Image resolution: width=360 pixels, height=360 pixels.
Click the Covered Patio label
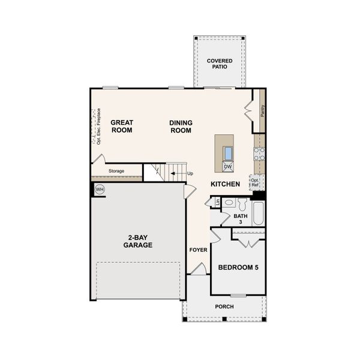click(220, 64)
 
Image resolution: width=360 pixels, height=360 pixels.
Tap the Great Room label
click(122, 126)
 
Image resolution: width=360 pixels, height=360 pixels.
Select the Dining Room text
click(181, 126)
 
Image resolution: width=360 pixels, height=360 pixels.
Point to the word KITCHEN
click(225, 184)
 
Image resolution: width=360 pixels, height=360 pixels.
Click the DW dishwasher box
click(228, 166)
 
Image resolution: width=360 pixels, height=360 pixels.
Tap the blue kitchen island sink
click(228, 152)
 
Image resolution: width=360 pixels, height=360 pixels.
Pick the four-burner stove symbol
click(259, 154)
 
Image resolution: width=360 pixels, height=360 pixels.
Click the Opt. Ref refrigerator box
click(256, 182)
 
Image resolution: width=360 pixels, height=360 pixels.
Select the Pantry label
click(263, 110)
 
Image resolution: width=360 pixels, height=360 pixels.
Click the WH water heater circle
click(99, 190)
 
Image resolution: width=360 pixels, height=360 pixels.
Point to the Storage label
click(116, 172)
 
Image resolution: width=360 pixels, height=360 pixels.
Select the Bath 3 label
click(241, 218)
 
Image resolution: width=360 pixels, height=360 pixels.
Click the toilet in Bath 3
click(242, 204)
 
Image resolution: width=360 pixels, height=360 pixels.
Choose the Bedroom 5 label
click(238, 267)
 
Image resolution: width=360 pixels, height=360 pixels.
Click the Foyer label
click(198, 250)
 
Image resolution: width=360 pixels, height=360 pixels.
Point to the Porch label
click(224, 307)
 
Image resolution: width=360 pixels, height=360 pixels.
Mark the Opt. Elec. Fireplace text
click(98, 126)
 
